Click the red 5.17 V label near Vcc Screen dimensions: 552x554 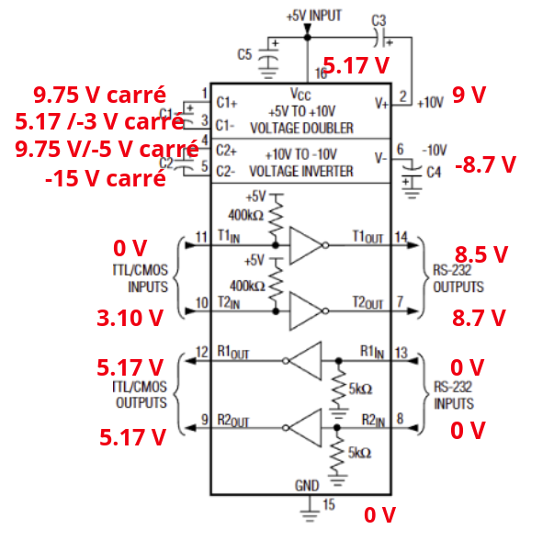[356, 66]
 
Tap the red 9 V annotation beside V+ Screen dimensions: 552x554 [469, 95]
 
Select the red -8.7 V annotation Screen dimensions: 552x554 [485, 164]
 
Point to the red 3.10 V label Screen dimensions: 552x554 [130, 318]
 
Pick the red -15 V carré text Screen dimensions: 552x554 [106, 178]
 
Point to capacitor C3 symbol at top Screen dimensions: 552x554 [379, 38]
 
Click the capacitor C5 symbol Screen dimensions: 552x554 [268, 56]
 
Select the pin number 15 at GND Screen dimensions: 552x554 [328, 505]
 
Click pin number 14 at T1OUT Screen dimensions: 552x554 [401, 238]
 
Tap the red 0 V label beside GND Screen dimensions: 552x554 [379, 515]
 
